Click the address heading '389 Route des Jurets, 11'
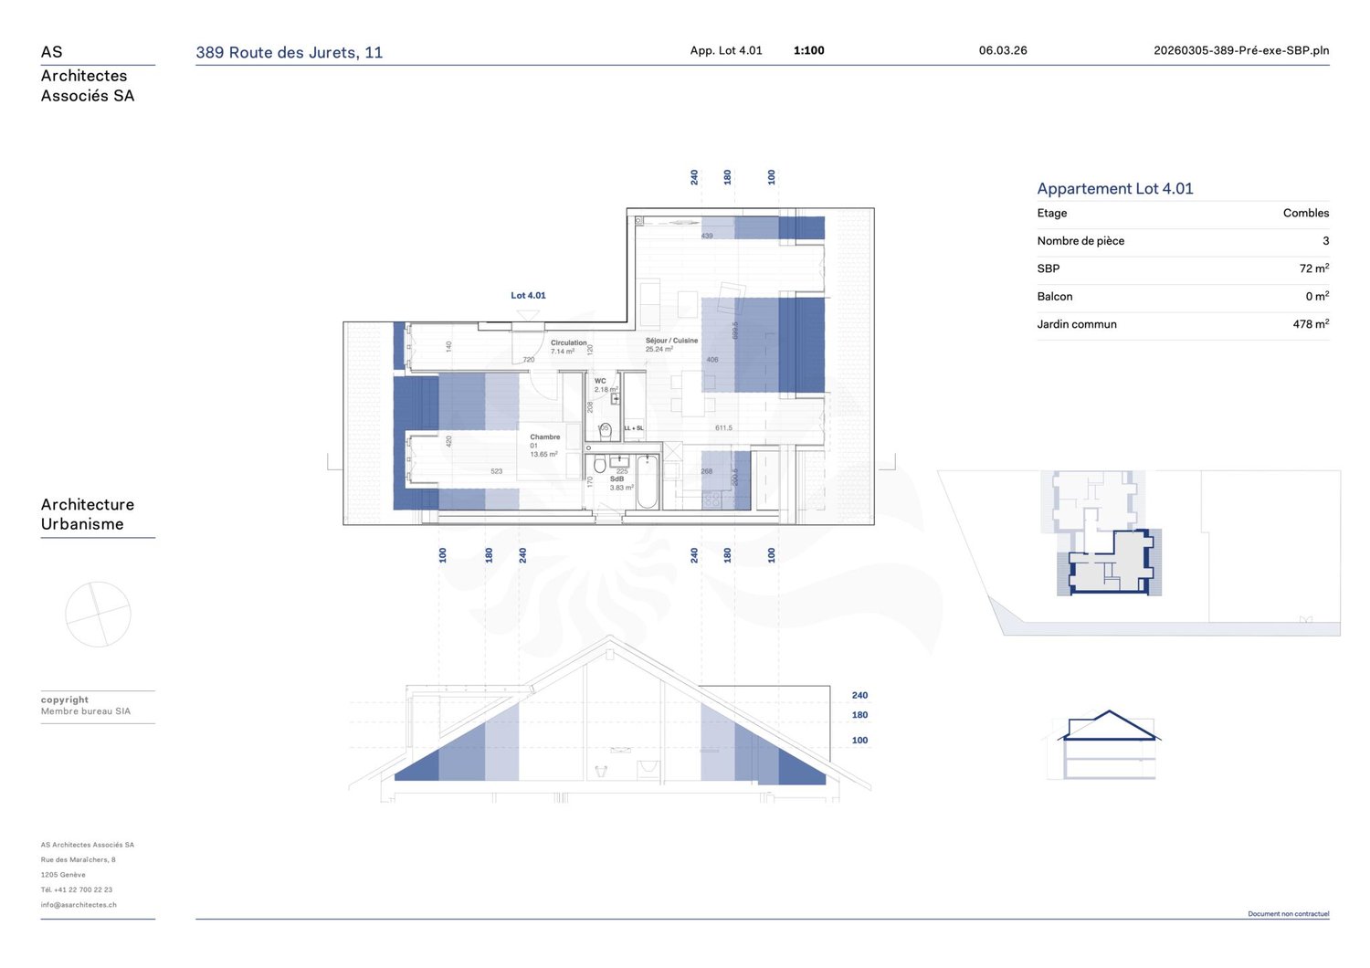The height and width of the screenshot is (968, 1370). [x=289, y=52]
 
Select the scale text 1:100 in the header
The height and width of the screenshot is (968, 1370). [x=808, y=50]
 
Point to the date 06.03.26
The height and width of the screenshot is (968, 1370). [x=1002, y=50]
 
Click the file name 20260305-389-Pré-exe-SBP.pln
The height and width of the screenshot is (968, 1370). [x=1240, y=50]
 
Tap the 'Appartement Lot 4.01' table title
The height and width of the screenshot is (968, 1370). [x=1114, y=188]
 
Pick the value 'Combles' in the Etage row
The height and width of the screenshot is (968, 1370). [x=1305, y=213]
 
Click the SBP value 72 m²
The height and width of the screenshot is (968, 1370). [x=1313, y=268]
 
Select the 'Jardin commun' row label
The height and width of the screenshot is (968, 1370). [x=1076, y=324]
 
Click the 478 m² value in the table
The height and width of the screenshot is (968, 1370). [x=1310, y=324]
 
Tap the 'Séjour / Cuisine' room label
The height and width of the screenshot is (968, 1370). [x=671, y=341]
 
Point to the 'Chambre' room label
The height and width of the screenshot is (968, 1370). [x=544, y=437]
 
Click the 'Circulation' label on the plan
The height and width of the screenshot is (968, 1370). [x=568, y=343]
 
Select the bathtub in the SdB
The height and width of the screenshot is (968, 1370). [x=648, y=481]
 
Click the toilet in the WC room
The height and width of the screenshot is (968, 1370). [x=605, y=430]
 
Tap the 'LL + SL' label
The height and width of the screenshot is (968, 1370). [x=634, y=427]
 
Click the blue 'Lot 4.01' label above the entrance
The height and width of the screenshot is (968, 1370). [x=528, y=295]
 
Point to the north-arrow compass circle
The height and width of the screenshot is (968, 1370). [x=98, y=615]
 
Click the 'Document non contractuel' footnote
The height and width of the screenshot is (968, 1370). [x=1288, y=913]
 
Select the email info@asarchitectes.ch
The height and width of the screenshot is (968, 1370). [x=79, y=905]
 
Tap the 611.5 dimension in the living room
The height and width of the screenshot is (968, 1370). [x=723, y=427]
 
